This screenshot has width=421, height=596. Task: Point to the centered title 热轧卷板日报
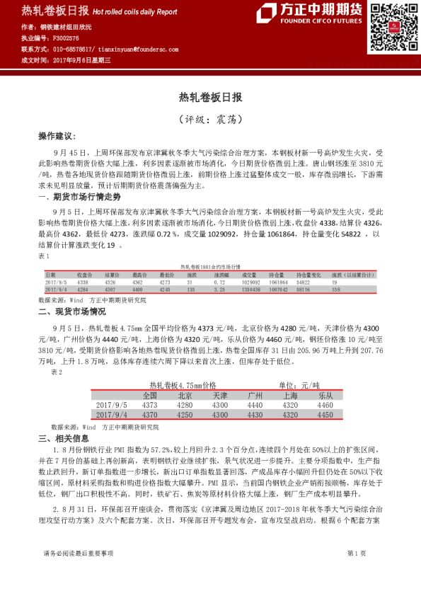[210, 97]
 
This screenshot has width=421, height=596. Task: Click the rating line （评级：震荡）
[210, 118]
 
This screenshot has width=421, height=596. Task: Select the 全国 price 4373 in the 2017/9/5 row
[149, 405]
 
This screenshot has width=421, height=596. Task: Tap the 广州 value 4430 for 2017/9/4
[255, 414]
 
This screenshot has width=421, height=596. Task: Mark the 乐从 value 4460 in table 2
[325, 405]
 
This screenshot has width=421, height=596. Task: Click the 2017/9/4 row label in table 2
[110, 414]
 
